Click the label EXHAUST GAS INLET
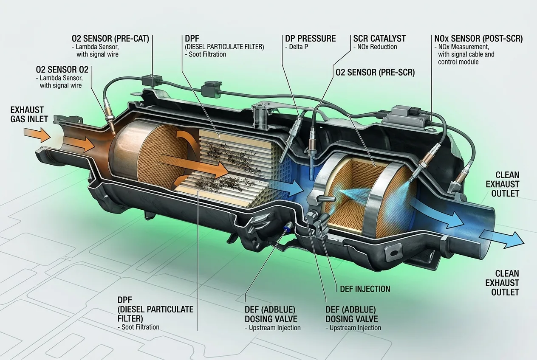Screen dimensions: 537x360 [29, 115]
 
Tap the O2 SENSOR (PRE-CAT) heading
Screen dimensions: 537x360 [110, 39]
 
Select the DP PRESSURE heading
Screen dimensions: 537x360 [310, 39]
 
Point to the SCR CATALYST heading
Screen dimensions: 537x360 [379, 39]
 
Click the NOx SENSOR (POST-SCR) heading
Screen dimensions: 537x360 [478, 39]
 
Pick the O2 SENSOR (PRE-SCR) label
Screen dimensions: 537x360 [375, 72]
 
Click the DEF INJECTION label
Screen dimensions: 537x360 [365, 289]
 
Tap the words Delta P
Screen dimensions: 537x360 [299, 47]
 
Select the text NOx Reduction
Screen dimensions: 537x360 [377, 47]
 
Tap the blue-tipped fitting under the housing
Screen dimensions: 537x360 [287, 226]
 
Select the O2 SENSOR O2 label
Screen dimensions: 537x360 [62, 70]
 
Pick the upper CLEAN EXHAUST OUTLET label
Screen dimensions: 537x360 [503, 184]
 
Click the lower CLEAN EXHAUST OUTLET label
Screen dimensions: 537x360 [502, 283]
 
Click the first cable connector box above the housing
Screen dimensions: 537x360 [152, 80]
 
